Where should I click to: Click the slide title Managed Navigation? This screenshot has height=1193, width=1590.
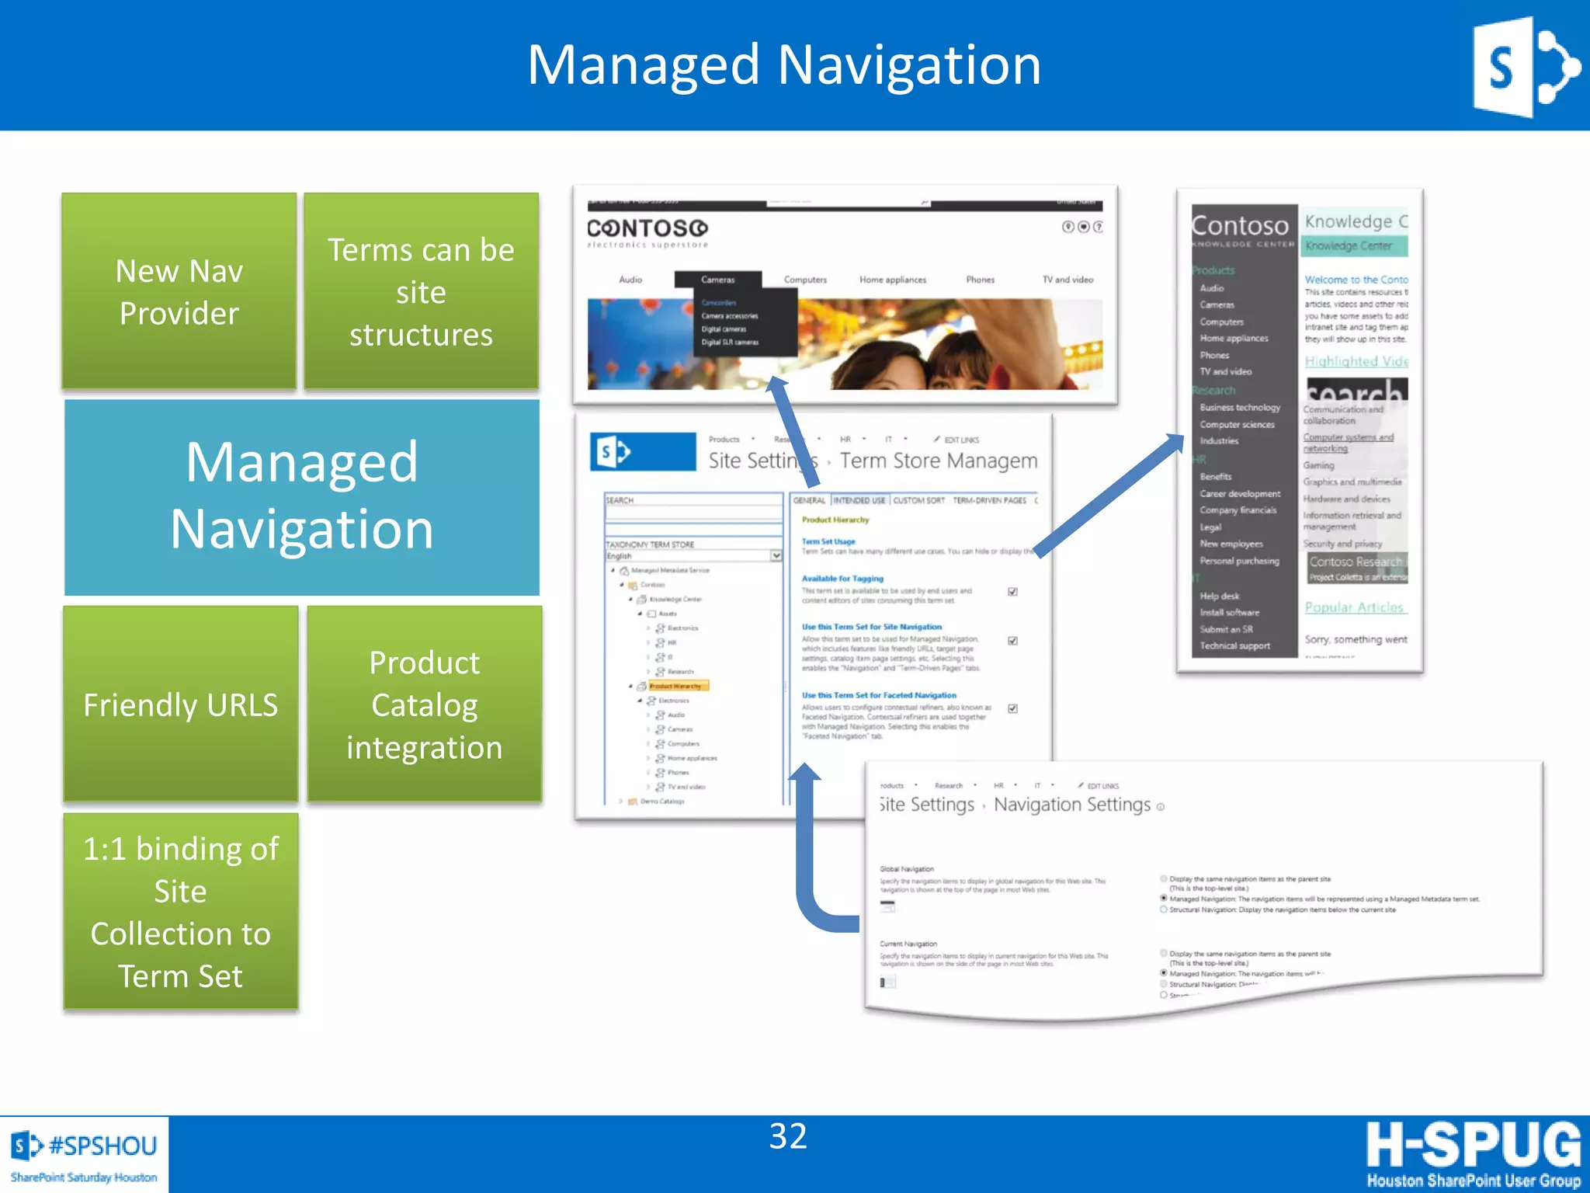(x=784, y=65)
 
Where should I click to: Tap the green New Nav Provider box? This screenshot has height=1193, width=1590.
(x=179, y=291)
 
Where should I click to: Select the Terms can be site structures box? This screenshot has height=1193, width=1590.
(x=421, y=291)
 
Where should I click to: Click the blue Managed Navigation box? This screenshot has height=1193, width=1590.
(x=302, y=497)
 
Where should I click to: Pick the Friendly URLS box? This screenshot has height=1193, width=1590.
(x=180, y=704)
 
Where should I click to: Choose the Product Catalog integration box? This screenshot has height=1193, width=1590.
(x=424, y=704)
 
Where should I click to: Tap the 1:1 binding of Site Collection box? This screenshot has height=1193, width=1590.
(x=180, y=911)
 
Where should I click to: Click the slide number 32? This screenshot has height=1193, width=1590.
(x=788, y=1136)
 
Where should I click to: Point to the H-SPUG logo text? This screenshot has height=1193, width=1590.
(x=1473, y=1145)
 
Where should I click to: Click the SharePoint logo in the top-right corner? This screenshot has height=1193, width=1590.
(x=1524, y=68)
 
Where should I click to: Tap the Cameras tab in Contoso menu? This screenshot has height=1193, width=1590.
(x=717, y=280)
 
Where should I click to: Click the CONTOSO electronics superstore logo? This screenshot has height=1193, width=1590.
(x=647, y=231)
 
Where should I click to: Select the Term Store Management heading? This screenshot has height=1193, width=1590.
(x=938, y=461)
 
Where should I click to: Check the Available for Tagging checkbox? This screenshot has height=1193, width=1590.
(x=1012, y=592)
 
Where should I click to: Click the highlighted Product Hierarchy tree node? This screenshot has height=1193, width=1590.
(x=675, y=687)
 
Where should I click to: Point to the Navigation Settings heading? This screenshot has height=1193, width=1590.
(x=1071, y=805)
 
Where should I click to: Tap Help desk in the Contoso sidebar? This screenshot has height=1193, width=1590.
(x=1220, y=596)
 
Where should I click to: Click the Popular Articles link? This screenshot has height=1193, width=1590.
(x=1354, y=607)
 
